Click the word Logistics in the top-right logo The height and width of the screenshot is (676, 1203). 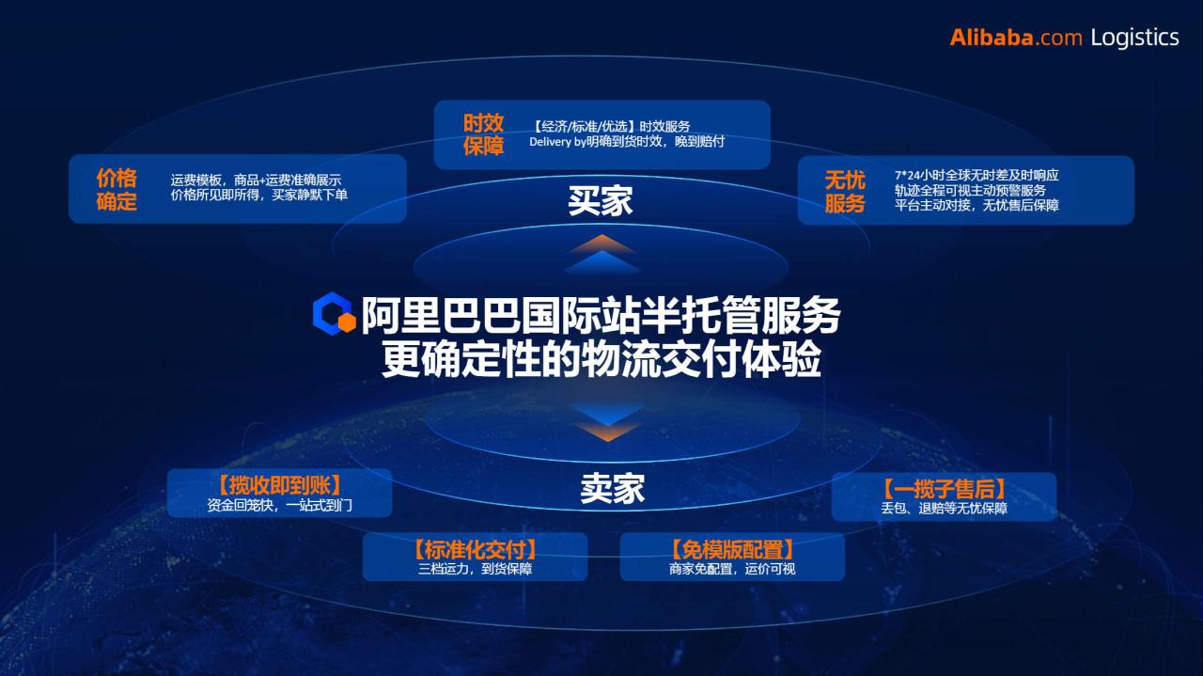[x=1134, y=38]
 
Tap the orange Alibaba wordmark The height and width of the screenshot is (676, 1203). [x=991, y=38]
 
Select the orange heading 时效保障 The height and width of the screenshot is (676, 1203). [x=483, y=134]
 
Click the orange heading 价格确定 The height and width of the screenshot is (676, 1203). [x=117, y=189]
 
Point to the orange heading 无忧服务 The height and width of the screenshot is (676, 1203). [x=845, y=191]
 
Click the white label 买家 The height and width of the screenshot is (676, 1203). [x=601, y=201]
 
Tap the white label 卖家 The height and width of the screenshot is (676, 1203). [x=612, y=489]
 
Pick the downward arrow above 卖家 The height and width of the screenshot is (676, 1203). [x=607, y=422]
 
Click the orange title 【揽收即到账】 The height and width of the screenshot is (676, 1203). [x=279, y=485]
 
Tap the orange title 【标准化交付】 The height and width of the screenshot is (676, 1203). [x=475, y=550]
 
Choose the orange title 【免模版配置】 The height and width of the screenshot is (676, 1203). [x=732, y=550]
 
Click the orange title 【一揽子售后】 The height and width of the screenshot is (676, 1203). [x=945, y=489]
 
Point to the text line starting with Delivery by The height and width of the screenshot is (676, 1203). [x=627, y=142]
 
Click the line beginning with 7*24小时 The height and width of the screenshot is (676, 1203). [x=976, y=175]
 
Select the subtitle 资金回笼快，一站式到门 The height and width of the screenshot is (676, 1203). [x=279, y=505]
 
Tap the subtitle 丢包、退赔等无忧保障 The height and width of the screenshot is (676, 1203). [x=945, y=508]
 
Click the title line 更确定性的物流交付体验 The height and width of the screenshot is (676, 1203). [x=601, y=359]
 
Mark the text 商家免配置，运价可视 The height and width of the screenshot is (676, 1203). [x=732, y=569]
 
